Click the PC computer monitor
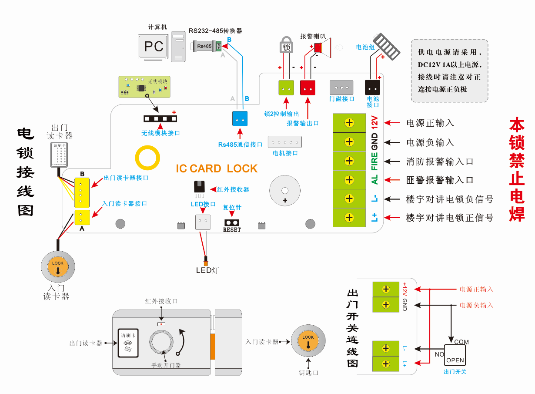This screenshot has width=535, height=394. pos(153,47)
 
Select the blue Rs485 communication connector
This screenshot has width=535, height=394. pos(239,119)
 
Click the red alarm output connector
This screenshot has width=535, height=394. pos(308,88)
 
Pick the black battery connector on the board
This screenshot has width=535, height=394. pos(372,88)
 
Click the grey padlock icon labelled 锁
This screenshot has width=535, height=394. pos(286,45)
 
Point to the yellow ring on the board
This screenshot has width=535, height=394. pos(147,157)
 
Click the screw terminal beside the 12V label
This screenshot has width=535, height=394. pos(349,123)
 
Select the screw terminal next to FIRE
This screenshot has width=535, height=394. pos(349,161)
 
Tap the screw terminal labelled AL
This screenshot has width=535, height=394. pos(349,180)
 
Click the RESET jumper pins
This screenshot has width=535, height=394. pos(231,222)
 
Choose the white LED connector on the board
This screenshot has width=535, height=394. pos(203,222)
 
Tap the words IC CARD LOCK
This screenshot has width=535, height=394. pos(217,168)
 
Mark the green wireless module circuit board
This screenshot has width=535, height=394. pos(144,87)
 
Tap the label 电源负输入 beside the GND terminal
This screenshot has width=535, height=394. pos(430,142)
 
